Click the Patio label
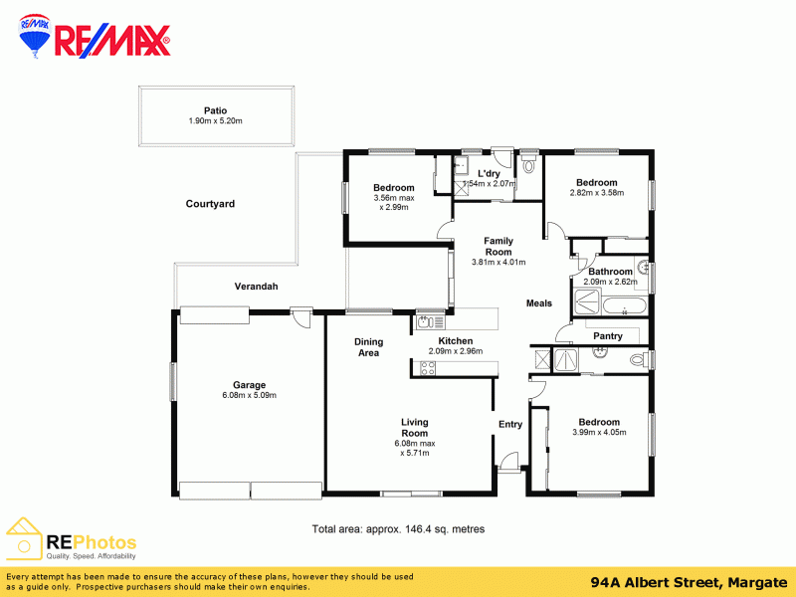coord(215,111)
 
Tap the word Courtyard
coord(210,204)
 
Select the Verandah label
coord(256,287)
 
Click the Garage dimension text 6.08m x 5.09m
coord(249,395)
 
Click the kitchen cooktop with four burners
coord(428,368)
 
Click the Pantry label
coord(608,336)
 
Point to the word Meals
coord(538,303)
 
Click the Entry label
coord(510,425)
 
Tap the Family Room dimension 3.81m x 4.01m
coord(497,263)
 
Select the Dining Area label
coord(368,347)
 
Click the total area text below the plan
coord(398,529)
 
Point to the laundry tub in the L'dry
coord(463,165)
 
